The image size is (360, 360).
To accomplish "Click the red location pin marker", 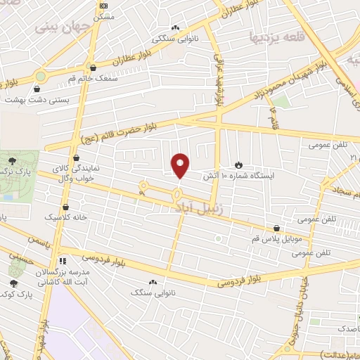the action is (x=181, y=165).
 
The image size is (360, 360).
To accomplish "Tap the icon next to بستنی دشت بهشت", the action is (x=37, y=89).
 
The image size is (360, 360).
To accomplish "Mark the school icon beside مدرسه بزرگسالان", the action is (x=61, y=260).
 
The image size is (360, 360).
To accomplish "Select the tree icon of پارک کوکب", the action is (x=14, y=283).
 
